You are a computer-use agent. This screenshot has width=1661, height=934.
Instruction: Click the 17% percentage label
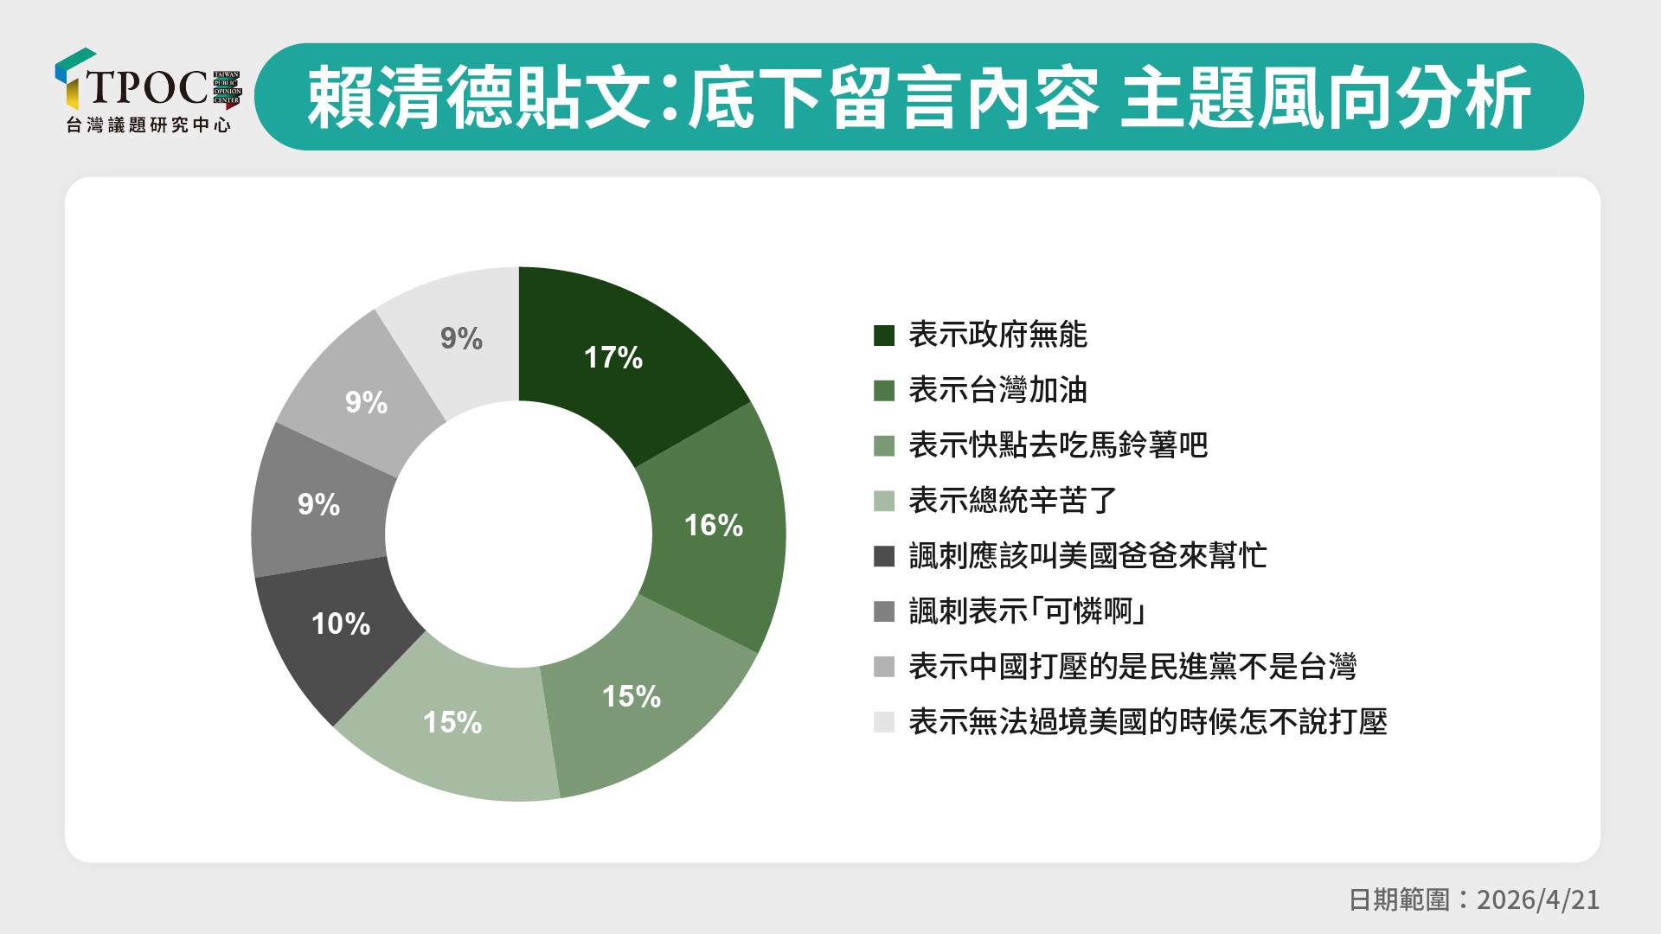pos(613,357)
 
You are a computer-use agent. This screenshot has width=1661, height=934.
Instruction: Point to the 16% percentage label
pos(714,525)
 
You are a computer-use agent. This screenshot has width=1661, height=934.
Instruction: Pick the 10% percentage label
pos(341,624)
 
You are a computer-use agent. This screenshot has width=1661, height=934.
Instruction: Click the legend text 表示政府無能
pos(997,335)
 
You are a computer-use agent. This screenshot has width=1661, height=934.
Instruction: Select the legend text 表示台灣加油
pos(997,390)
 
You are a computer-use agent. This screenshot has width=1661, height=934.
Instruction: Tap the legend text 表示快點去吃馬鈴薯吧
pos(1058,445)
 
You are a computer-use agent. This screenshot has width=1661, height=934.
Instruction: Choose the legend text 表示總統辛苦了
pos(1013,501)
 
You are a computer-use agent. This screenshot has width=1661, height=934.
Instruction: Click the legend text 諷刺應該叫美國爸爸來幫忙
pos(1087,556)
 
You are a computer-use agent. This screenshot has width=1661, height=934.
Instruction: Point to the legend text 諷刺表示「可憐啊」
pos(1029,611)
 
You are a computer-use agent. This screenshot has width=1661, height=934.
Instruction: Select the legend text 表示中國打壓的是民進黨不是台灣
pos(1132,667)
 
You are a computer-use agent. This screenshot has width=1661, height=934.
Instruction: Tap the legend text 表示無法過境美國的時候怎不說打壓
pos(1148,722)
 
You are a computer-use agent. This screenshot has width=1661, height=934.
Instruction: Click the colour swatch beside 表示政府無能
pos(884,336)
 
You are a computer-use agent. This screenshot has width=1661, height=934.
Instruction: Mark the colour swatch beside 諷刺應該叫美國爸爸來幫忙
pos(884,556)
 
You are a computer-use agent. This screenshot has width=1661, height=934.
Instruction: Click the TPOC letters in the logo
pos(147,86)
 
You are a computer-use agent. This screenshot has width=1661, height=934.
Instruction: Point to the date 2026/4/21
pos(1538,899)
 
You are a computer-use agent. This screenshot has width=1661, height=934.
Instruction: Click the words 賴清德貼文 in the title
pos(478,97)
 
